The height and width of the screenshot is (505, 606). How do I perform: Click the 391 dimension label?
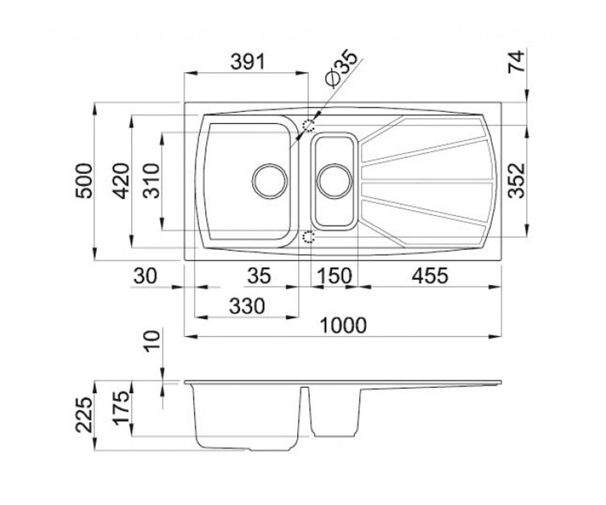click(248, 62)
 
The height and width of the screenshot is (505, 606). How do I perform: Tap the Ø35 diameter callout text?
click(341, 69)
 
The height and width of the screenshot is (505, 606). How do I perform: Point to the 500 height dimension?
click(84, 181)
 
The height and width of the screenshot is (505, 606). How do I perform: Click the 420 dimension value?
click(121, 181)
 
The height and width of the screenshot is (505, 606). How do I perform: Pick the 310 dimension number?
click(152, 181)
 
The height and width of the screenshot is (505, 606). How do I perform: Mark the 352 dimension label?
click(517, 181)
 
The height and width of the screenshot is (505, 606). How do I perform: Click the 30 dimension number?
click(145, 276)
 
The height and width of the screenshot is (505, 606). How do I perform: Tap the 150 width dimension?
click(334, 276)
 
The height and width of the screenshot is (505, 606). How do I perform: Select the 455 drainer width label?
click(430, 276)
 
